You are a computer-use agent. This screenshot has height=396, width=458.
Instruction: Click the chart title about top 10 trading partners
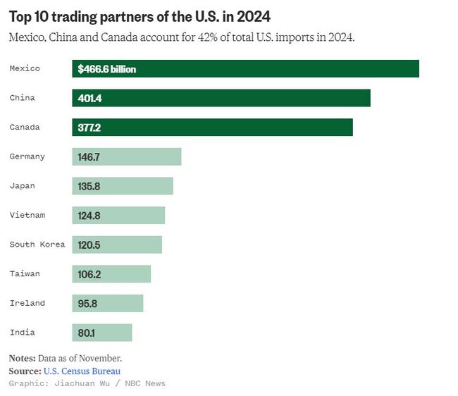[x=140, y=16]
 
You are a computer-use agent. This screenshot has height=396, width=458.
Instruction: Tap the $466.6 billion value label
[x=107, y=69]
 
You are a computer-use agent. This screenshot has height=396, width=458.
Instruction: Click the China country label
[x=23, y=98]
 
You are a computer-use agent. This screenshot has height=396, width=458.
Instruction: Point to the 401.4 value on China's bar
[x=89, y=99]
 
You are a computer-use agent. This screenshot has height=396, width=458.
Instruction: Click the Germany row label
[x=27, y=156]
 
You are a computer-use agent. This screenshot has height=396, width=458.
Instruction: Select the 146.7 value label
[x=89, y=157]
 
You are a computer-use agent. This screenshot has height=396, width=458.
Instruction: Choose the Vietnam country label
[x=27, y=215]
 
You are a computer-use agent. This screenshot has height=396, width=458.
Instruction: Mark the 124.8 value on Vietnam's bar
[x=89, y=216]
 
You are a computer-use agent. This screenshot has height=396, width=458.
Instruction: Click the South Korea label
[x=37, y=245]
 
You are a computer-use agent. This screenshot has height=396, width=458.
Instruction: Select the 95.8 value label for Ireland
[x=87, y=304]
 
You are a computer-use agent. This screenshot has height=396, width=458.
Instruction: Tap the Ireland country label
[x=27, y=303]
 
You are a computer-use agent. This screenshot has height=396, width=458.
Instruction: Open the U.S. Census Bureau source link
[x=82, y=371]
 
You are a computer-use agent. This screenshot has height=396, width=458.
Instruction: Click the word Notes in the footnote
[x=22, y=358]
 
